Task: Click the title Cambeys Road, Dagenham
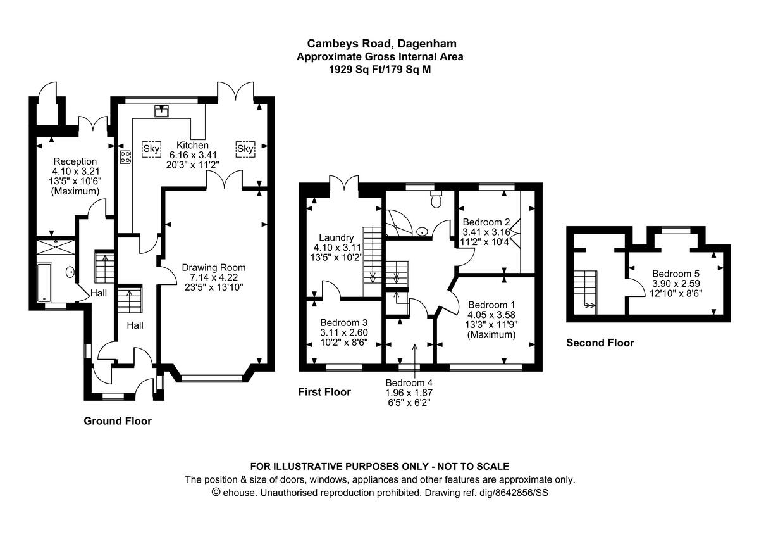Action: point(381,43)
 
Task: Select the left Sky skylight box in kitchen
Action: point(152,149)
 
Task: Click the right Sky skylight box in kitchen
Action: point(245,149)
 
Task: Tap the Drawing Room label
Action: point(213,267)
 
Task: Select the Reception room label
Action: point(75,161)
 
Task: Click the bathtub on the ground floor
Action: point(44,283)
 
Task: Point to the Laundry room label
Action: point(331,237)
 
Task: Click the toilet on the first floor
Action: point(435,200)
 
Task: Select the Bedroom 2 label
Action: point(486,222)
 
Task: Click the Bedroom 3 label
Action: point(343,322)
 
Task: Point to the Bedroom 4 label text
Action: point(409,382)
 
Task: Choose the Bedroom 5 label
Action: point(676,274)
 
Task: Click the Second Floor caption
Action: point(600,343)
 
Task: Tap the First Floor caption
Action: point(324,392)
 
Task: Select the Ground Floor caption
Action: point(118,420)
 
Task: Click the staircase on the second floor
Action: point(586,289)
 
